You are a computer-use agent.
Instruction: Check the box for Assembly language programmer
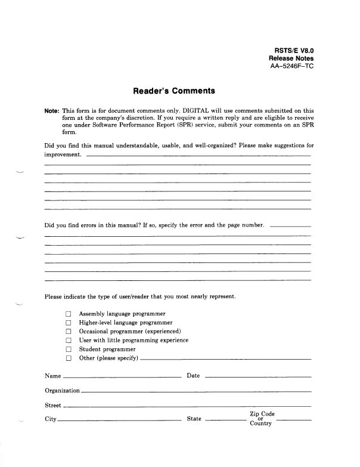pos(69,314)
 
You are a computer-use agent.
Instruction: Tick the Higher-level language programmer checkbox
pos(69,323)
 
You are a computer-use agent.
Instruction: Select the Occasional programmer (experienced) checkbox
pos(69,332)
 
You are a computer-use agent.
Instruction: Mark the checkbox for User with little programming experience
pos(69,341)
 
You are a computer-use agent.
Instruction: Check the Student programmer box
pos(69,350)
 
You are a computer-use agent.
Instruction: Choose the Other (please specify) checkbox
pos(69,358)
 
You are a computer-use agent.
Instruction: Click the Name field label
pos(53,376)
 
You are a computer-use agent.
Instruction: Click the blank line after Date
pos(257,377)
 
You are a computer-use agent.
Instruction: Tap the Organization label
pos(62,390)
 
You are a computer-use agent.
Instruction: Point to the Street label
pos(53,405)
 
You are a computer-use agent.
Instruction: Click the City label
pos(51,419)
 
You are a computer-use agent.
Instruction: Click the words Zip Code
pos(262,414)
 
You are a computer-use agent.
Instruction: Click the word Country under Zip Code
pos(261,424)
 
